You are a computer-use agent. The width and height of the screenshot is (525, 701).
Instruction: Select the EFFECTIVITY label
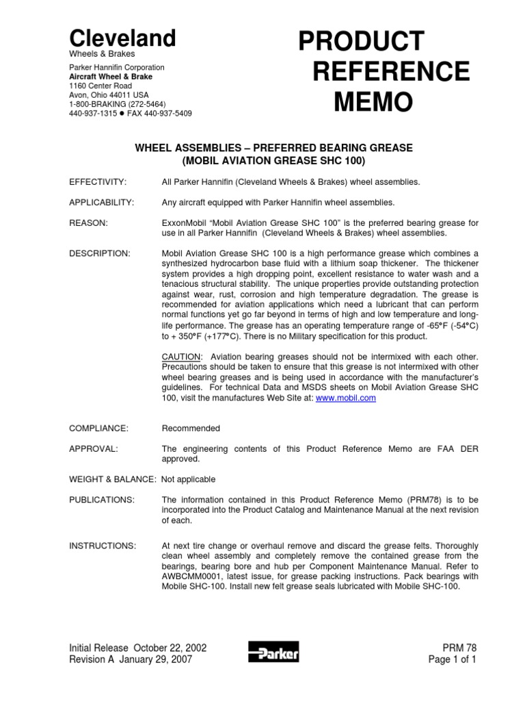(x=98, y=182)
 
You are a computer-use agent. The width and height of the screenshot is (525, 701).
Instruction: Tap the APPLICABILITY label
(x=101, y=203)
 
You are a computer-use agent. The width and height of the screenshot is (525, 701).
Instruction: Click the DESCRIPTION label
(x=100, y=253)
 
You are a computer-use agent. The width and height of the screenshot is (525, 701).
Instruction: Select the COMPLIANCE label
(x=98, y=429)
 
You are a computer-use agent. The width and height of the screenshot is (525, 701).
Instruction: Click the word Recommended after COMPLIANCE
(x=191, y=429)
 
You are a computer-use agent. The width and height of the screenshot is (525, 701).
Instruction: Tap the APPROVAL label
(x=94, y=449)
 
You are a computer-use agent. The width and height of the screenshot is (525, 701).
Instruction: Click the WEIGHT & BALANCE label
(x=112, y=479)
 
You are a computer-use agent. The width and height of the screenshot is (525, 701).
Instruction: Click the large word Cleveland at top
(x=122, y=38)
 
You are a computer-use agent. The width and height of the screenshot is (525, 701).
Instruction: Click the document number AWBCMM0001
(x=195, y=576)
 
